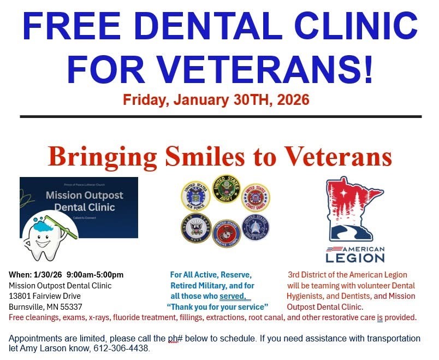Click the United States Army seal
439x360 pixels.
click(x=226, y=190)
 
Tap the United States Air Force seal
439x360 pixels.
click(x=195, y=196)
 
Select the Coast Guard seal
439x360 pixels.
click(x=256, y=197)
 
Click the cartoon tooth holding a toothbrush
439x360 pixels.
click(x=43, y=238)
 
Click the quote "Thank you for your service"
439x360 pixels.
click(x=217, y=306)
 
